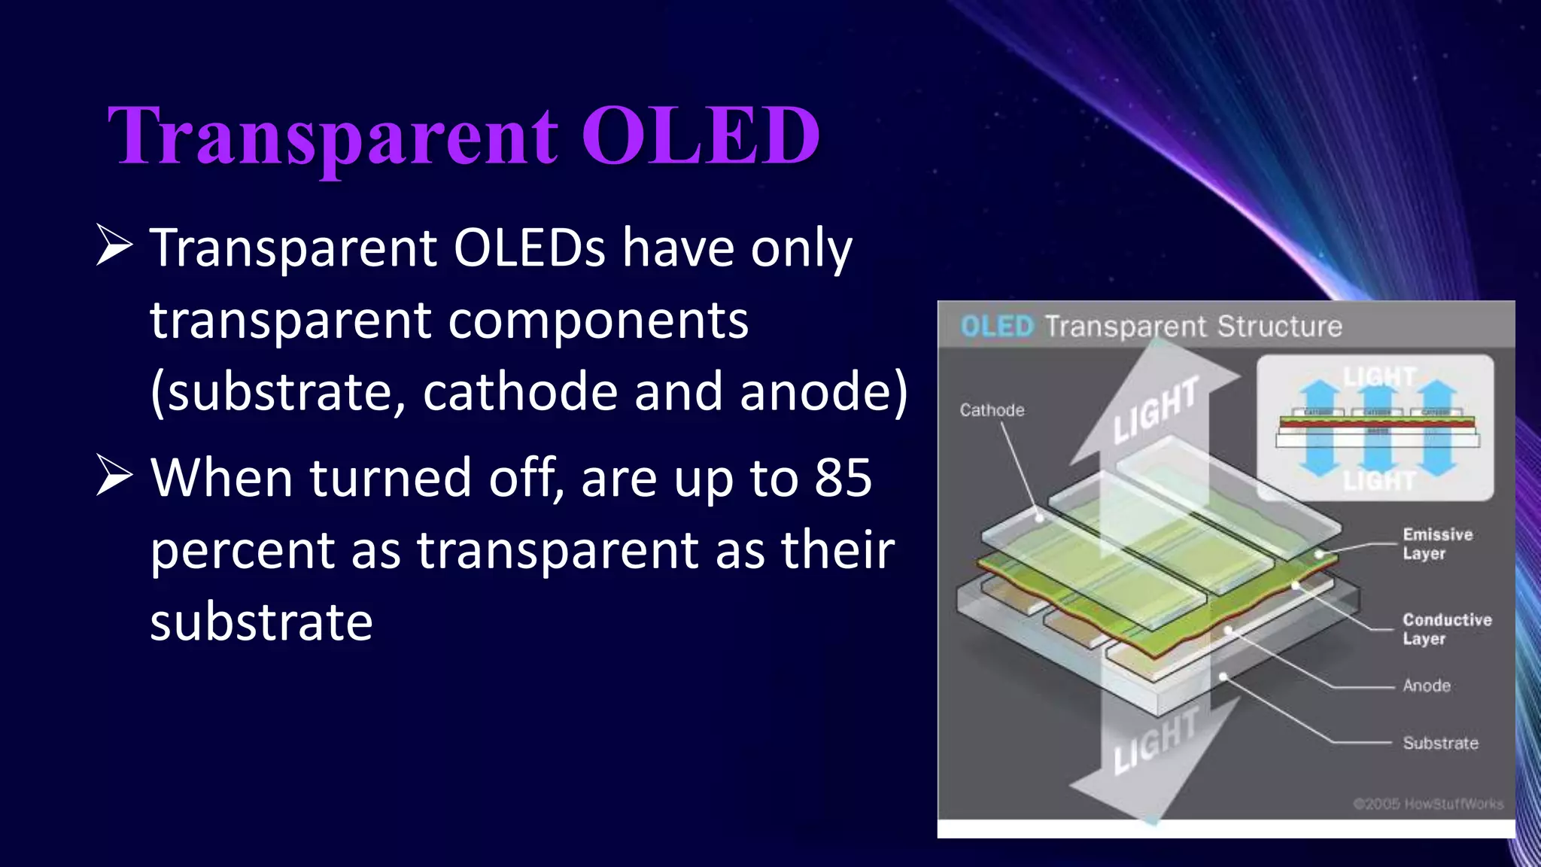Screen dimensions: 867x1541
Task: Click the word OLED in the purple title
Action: [x=700, y=135]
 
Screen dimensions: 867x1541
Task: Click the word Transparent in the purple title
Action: [x=333, y=137]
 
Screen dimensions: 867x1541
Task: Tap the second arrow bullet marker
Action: [x=114, y=476]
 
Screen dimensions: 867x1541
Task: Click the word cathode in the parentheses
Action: [x=519, y=392]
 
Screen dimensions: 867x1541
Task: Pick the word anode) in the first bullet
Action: [x=823, y=392]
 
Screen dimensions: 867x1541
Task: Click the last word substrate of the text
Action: [x=261, y=622]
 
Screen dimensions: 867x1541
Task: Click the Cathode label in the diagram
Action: [x=992, y=410]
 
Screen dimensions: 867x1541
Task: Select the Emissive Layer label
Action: [x=1436, y=543]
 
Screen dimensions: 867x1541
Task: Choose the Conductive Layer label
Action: [x=1445, y=628]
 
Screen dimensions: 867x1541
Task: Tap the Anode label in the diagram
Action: [x=1426, y=686]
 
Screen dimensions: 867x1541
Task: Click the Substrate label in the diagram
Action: [x=1439, y=743]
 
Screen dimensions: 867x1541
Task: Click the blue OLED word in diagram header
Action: [x=997, y=327]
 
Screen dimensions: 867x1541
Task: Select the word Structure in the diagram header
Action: [x=1279, y=327]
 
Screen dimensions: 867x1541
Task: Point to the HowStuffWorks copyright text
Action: [x=1427, y=804]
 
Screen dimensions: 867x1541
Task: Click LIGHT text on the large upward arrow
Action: [x=1155, y=410]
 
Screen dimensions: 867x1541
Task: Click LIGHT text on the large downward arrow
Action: [x=1155, y=741]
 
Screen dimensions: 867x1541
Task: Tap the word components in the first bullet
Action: [x=598, y=321]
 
